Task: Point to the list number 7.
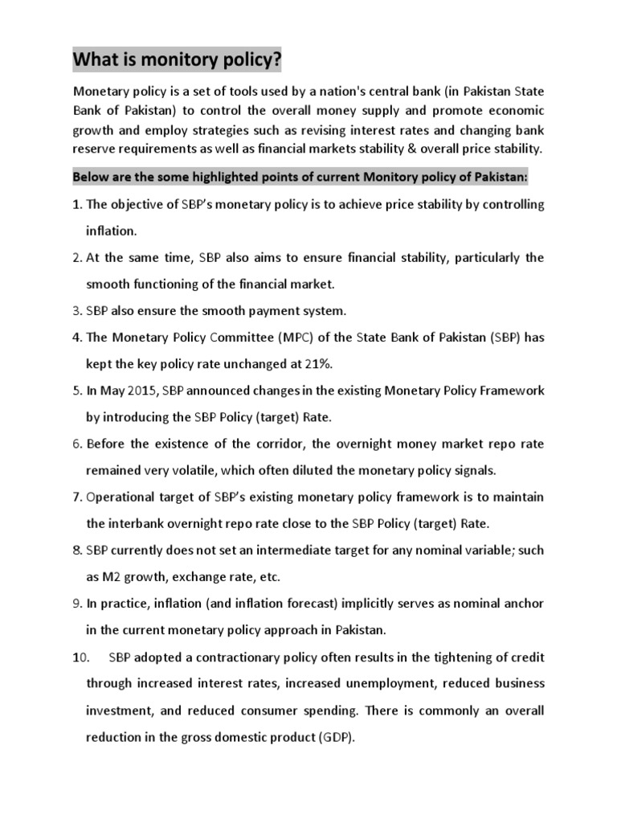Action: (x=77, y=497)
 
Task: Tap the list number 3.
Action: (x=77, y=310)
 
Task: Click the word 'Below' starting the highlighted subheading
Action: (x=91, y=177)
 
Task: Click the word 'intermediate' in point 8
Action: (x=285, y=551)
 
